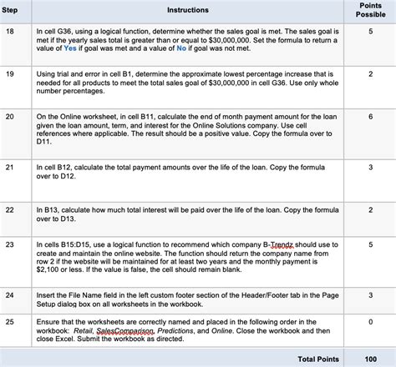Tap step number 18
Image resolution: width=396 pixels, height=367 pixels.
pos(12,30)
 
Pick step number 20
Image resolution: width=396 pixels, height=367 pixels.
pos(12,117)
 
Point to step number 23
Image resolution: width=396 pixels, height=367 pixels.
pos(12,245)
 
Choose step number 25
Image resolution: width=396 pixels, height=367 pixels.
pos(12,320)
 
